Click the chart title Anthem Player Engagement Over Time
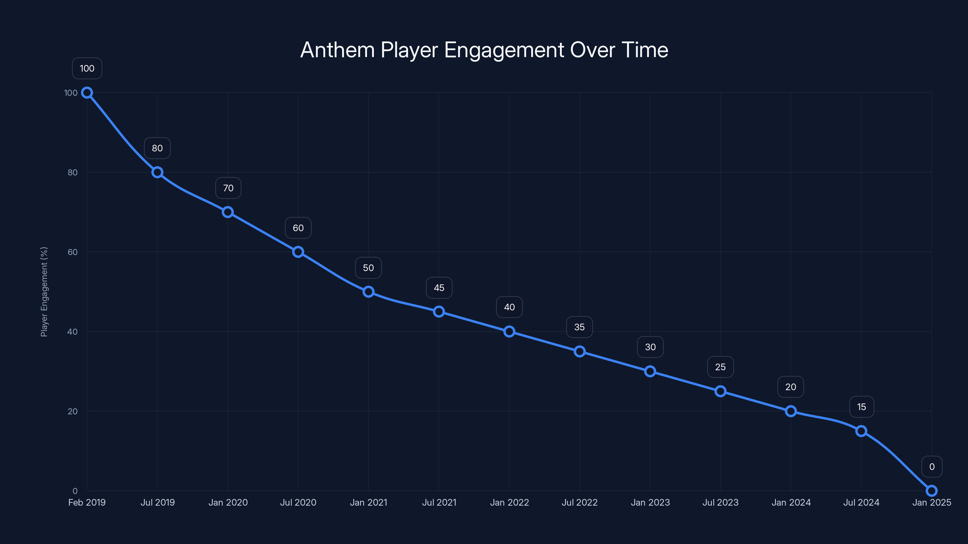484,50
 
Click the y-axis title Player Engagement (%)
44,292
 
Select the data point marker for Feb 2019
87,93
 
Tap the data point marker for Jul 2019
157,172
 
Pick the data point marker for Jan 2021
368,292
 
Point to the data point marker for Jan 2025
932,491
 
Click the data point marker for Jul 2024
861,431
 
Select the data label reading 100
87,68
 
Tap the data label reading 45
439,288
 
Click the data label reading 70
228,188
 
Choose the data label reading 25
720,367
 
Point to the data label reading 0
932,467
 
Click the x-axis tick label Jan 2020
228,503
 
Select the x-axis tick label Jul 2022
580,503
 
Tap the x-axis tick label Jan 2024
791,503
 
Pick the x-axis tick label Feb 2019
87,503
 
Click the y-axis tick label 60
73,252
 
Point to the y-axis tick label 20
73,411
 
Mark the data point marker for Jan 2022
509,332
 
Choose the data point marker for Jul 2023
720,391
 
